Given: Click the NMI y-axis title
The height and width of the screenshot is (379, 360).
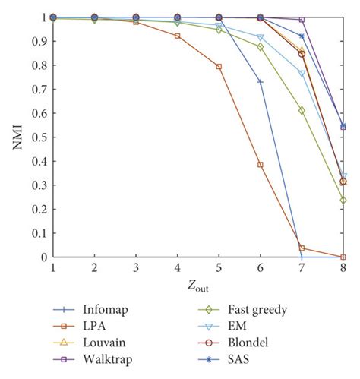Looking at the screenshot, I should pos(17,137).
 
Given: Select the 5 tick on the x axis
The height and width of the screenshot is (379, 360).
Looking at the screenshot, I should pos(219,268).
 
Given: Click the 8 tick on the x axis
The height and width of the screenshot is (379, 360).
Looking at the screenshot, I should pos(343,268).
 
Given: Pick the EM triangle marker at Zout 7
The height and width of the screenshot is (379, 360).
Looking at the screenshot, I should pos(302,74).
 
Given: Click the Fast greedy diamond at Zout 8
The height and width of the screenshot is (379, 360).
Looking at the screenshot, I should pos(343,201).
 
